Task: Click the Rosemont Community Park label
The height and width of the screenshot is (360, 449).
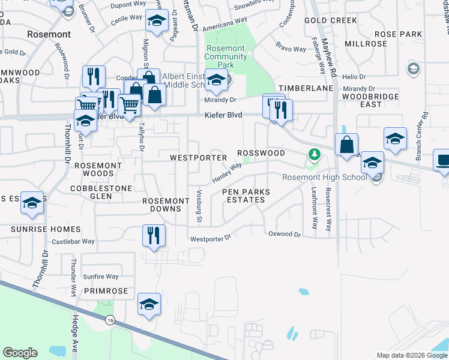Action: pos(225,57)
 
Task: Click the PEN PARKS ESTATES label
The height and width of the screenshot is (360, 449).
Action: pos(246,196)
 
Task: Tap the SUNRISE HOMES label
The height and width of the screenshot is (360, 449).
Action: pos(45,229)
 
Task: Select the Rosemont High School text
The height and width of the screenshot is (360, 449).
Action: pos(325,177)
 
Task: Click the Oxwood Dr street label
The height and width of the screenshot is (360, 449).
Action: pos(284,234)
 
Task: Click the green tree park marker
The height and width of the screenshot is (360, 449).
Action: pos(313,155)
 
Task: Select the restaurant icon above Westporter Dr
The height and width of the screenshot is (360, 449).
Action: pos(154,235)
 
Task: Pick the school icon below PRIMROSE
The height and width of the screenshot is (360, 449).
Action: pos(149,304)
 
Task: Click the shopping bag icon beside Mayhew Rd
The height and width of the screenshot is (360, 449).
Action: pos(347,145)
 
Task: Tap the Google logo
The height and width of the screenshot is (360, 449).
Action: pos(20,353)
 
